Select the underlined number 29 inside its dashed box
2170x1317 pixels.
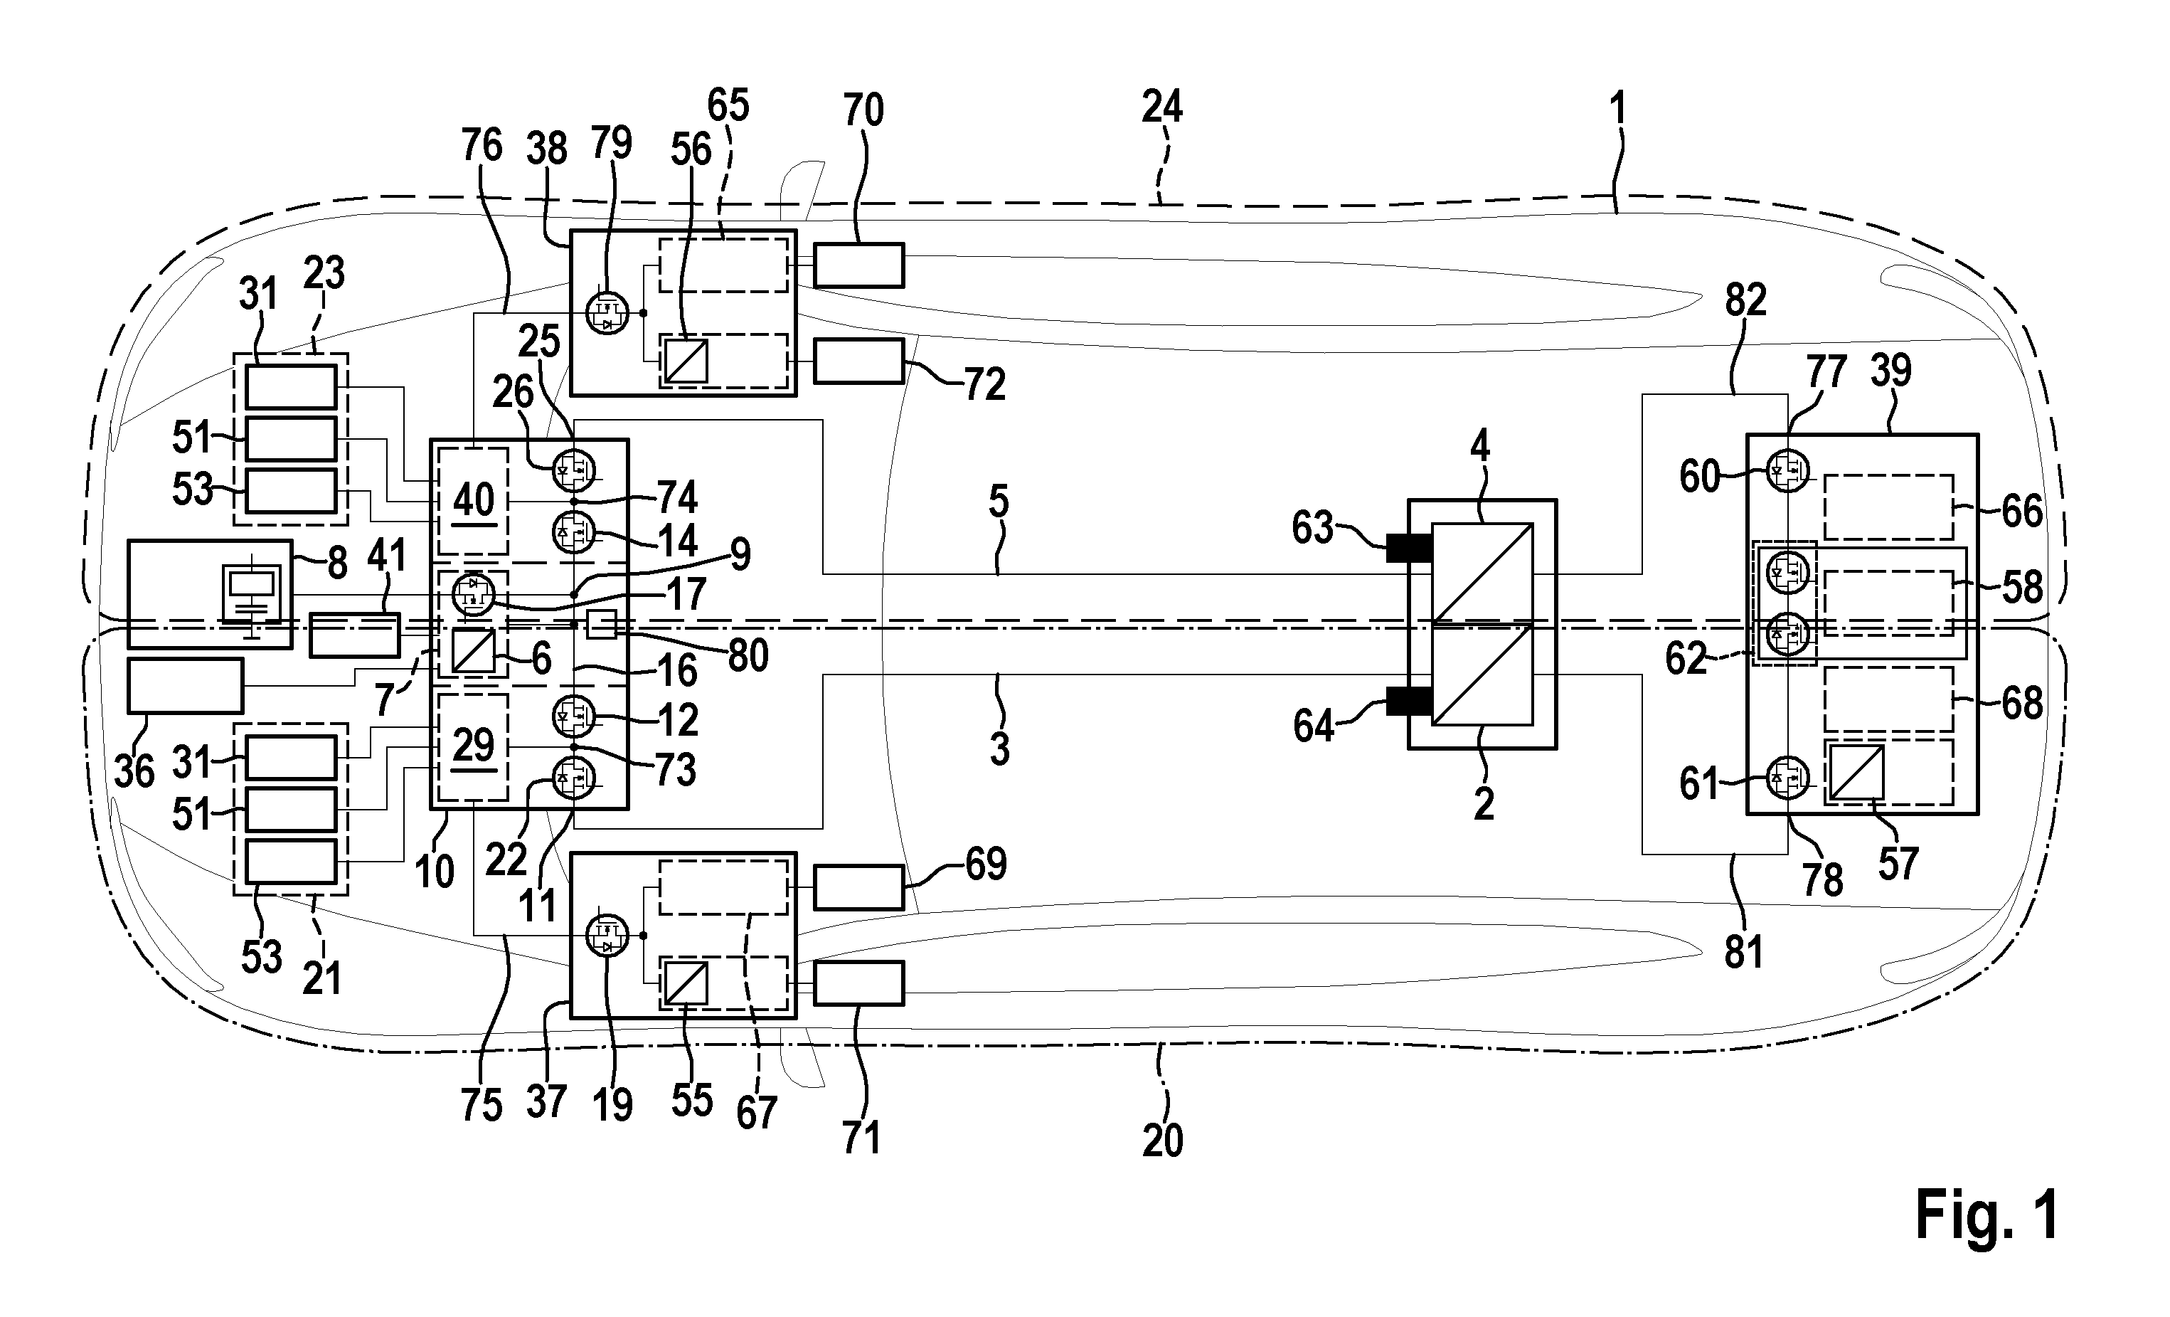(473, 748)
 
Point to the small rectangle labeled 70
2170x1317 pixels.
(858, 265)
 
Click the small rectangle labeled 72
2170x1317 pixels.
(858, 361)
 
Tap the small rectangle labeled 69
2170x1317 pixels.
(858, 887)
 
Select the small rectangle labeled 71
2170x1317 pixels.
(858, 983)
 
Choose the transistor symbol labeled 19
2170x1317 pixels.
(607, 936)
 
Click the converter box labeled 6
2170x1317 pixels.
(473, 652)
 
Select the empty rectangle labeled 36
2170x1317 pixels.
(185, 685)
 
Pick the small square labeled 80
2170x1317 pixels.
(602, 625)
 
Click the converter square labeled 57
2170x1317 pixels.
(1856, 773)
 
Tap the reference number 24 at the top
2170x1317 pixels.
(1161, 107)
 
